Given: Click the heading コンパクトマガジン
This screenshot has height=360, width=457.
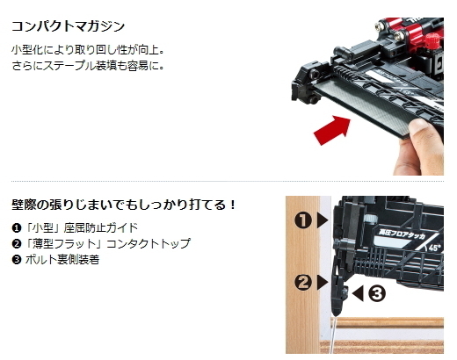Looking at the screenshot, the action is [68, 26].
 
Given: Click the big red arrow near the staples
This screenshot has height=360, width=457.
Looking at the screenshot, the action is [333, 130].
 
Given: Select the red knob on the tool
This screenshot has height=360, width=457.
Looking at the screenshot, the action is [432, 41].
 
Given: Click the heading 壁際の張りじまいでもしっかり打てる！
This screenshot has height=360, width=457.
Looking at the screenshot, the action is [124, 205].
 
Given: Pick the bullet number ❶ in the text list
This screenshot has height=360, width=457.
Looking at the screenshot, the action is [17, 228].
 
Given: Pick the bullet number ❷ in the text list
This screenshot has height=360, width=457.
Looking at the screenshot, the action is [17, 243].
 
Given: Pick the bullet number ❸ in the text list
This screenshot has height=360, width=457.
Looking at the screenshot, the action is [17, 260].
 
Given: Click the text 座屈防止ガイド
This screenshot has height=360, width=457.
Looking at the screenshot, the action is [101, 227].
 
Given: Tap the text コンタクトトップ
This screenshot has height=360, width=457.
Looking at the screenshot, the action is [149, 243].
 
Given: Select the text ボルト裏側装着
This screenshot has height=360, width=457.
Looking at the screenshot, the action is [62, 260].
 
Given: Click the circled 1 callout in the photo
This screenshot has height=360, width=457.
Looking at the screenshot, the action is [303, 220].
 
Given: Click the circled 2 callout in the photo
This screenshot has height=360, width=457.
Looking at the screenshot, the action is [303, 283].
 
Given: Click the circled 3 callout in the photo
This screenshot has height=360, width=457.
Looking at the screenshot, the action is [377, 293].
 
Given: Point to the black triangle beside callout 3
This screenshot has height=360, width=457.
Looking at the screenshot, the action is [358, 293].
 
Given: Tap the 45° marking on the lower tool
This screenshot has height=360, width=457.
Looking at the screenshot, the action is [434, 248].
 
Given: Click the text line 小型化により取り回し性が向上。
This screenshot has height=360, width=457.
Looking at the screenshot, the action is [88, 50].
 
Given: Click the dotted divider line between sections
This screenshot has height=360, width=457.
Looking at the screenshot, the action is [228, 182].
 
